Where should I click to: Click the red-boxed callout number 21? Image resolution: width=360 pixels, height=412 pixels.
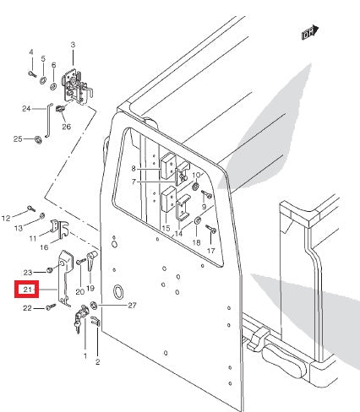(27, 290)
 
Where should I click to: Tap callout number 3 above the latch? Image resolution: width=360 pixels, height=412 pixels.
(73, 45)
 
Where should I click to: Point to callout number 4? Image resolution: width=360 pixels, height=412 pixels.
(30, 52)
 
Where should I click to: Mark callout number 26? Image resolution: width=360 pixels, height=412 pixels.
(66, 127)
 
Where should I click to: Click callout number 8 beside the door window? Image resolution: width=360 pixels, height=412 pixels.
(133, 169)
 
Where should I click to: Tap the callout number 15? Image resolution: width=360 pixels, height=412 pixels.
(166, 229)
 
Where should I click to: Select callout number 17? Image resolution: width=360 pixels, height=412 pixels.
(211, 251)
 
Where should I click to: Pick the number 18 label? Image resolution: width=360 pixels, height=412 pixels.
(196, 242)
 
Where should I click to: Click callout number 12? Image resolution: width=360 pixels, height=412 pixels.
(7, 218)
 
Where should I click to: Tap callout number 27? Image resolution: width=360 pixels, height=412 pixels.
(131, 306)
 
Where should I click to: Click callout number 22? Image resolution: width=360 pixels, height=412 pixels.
(26, 309)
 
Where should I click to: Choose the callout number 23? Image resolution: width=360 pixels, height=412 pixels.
(28, 272)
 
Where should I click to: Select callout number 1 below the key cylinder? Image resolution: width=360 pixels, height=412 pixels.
(85, 356)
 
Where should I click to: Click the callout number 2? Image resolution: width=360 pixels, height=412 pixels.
(98, 362)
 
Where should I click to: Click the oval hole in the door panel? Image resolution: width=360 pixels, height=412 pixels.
(120, 292)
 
